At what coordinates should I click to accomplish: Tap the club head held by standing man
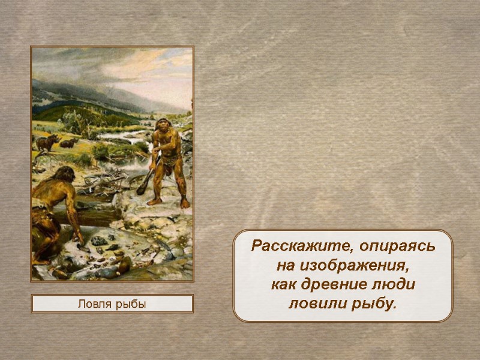pos(140,190)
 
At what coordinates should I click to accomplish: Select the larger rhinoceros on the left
pos(47,142)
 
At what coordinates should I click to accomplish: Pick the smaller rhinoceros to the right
pos(70,143)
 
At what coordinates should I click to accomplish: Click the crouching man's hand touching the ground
pos(78,238)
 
